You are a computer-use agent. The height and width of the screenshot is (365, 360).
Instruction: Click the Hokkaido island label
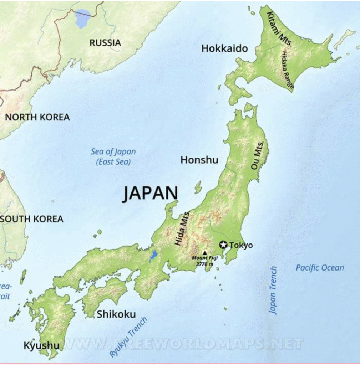click(224, 48)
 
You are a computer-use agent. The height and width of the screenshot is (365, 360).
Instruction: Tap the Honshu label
click(199, 160)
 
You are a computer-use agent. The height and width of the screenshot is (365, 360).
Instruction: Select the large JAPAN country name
click(151, 194)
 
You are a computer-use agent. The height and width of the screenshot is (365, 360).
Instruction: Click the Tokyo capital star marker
click(223, 245)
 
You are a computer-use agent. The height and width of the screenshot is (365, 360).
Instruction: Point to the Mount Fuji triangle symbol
click(204, 252)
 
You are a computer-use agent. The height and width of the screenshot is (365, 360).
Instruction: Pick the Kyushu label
click(41, 345)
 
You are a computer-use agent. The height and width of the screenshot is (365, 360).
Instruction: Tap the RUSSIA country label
click(105, 43)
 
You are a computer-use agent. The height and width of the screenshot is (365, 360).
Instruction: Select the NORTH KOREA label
click(37, 117)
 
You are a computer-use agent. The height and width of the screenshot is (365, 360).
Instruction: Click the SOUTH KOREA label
click(32, 219)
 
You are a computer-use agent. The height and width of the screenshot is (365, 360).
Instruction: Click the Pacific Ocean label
click(320, 268)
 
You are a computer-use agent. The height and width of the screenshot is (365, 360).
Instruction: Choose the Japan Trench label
click(273, 290)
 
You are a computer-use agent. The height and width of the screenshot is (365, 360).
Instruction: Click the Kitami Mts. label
click(280, 26)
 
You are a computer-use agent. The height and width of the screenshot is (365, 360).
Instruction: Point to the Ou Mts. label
click(259, 154)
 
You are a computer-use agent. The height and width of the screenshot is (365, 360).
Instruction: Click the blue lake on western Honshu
click(153, 256)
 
